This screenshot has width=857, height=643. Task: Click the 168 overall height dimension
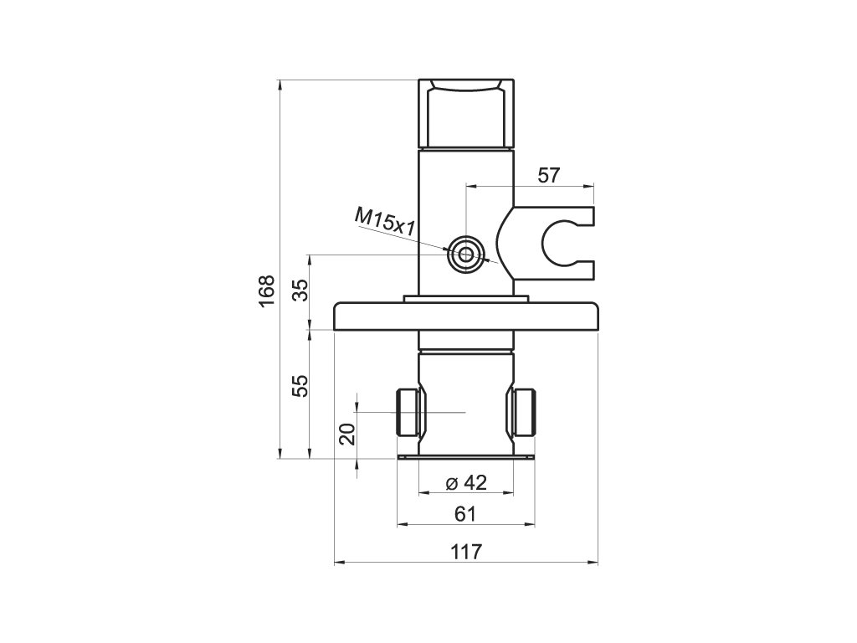click(266, 291)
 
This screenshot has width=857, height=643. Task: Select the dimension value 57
click(549, 176)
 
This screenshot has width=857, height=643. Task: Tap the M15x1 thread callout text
click(385, 221)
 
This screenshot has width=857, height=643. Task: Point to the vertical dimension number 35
click(300, 290)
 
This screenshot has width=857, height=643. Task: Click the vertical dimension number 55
click(300, 386)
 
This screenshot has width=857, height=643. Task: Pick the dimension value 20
click(347, 435)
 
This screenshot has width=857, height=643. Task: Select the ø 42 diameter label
click(465, 482)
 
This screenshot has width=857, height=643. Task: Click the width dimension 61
click(465, 514)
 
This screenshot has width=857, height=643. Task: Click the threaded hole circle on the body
click(465, 255)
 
